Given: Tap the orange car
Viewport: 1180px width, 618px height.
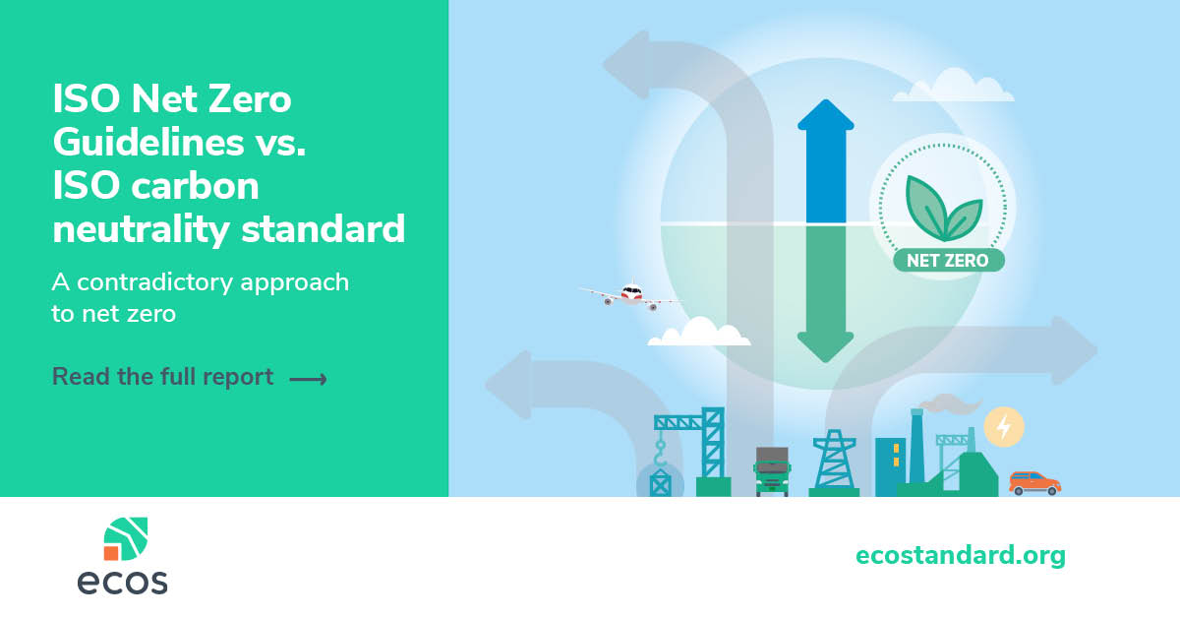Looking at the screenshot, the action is (x=1034, y=483).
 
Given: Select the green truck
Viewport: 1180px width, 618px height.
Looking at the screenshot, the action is (x=772, y=471).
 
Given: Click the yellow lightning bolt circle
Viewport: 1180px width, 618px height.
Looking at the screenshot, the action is (x=1004, y=426).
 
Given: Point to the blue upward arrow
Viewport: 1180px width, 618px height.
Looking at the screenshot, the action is (x=825, y=160).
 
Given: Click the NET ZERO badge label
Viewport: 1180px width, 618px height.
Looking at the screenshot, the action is (x=948, y=261).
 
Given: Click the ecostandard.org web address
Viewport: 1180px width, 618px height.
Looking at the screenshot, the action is (x=961, y=556).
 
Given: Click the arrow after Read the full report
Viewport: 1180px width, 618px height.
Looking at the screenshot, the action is (x=308, y=379).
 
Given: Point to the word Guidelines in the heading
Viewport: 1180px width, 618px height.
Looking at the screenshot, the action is (x=148, y=143).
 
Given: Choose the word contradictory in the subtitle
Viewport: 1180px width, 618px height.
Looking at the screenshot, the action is (x=155, y=282).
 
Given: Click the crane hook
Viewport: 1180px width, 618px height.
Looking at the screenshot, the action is (x=660, y=455).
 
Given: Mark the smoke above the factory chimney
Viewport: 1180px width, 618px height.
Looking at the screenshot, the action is (x=949, y=403).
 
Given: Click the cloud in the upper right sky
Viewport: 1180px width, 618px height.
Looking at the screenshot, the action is (x=954, y=86).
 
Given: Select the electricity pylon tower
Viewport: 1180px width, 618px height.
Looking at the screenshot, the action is (x=834, y=462).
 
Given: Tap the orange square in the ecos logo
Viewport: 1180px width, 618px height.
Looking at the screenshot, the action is (x=111, y=553).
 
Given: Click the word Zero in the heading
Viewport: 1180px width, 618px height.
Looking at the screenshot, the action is (x=249, y=98).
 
